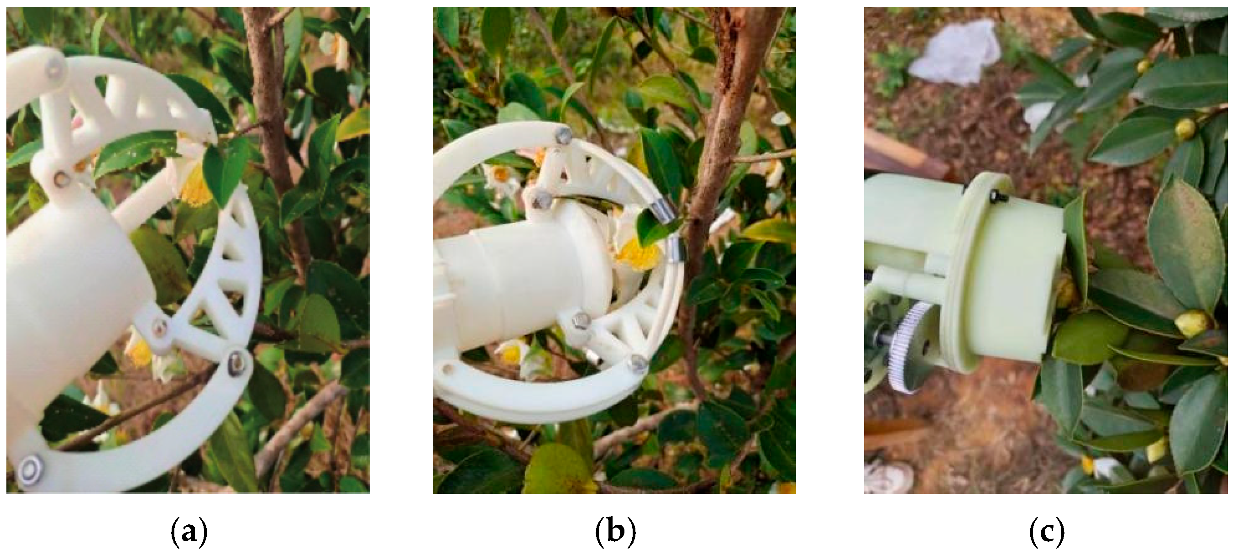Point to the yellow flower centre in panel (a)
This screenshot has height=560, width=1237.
[196, 185]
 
